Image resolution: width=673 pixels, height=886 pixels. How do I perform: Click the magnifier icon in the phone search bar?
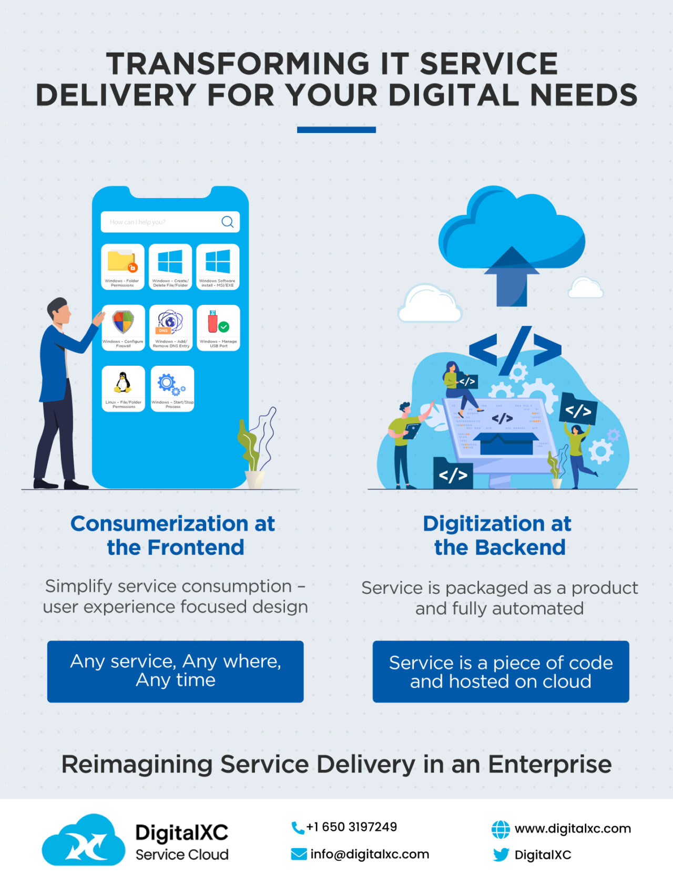click(227, 222)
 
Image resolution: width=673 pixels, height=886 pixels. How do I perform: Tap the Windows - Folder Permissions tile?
click(123, 266)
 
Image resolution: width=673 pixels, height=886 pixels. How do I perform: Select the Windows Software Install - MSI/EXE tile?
click(218, 266)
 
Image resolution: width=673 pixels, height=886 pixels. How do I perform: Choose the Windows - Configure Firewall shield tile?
click(123, 327)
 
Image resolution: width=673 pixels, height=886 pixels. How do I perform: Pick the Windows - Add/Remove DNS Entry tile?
click(171, 327)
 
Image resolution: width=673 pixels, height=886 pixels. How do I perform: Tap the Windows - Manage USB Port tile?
click(218, 327)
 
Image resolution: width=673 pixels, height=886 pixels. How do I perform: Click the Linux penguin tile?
click(123, 388)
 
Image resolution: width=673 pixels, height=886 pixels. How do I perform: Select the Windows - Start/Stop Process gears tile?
click(172, 388)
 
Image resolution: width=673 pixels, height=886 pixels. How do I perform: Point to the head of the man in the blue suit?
click(59, 311)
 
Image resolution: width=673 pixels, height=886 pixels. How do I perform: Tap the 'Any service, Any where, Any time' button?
click(175, 671)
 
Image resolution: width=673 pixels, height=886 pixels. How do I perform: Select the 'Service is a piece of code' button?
click(501, 671)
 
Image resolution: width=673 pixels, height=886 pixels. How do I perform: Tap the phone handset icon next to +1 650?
click(298, 828)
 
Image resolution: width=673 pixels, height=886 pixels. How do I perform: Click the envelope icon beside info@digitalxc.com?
click(299, 854)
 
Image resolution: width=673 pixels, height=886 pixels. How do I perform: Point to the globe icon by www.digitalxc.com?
click(501, 829)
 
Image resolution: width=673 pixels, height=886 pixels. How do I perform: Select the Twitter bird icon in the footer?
click(501, 855)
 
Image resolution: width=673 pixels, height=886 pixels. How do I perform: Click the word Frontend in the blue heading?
click(196, 548)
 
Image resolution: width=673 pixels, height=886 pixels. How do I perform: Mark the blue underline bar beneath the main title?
click(336, 130)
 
